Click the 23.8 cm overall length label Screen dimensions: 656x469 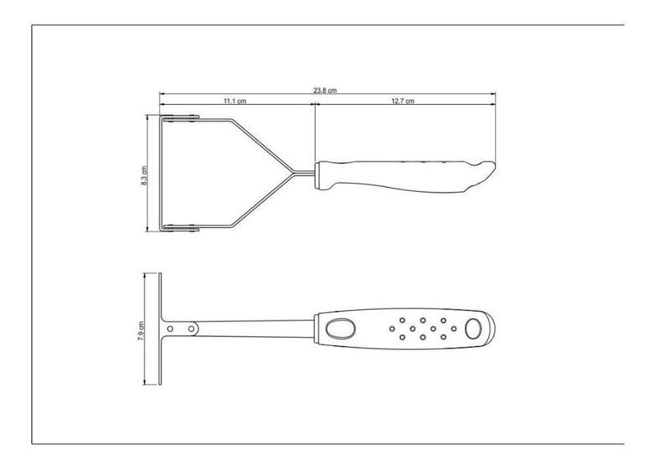[325, 90]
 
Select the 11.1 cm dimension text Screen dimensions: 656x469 [235, 101]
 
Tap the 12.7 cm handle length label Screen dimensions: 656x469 [403, 101]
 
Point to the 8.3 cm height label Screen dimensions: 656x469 [144, 175]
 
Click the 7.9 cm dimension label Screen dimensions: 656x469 [141, 330]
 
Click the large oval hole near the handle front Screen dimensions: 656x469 [340, 329]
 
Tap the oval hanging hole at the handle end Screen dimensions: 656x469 [473, 329]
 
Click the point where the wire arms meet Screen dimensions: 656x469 [293, 174]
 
